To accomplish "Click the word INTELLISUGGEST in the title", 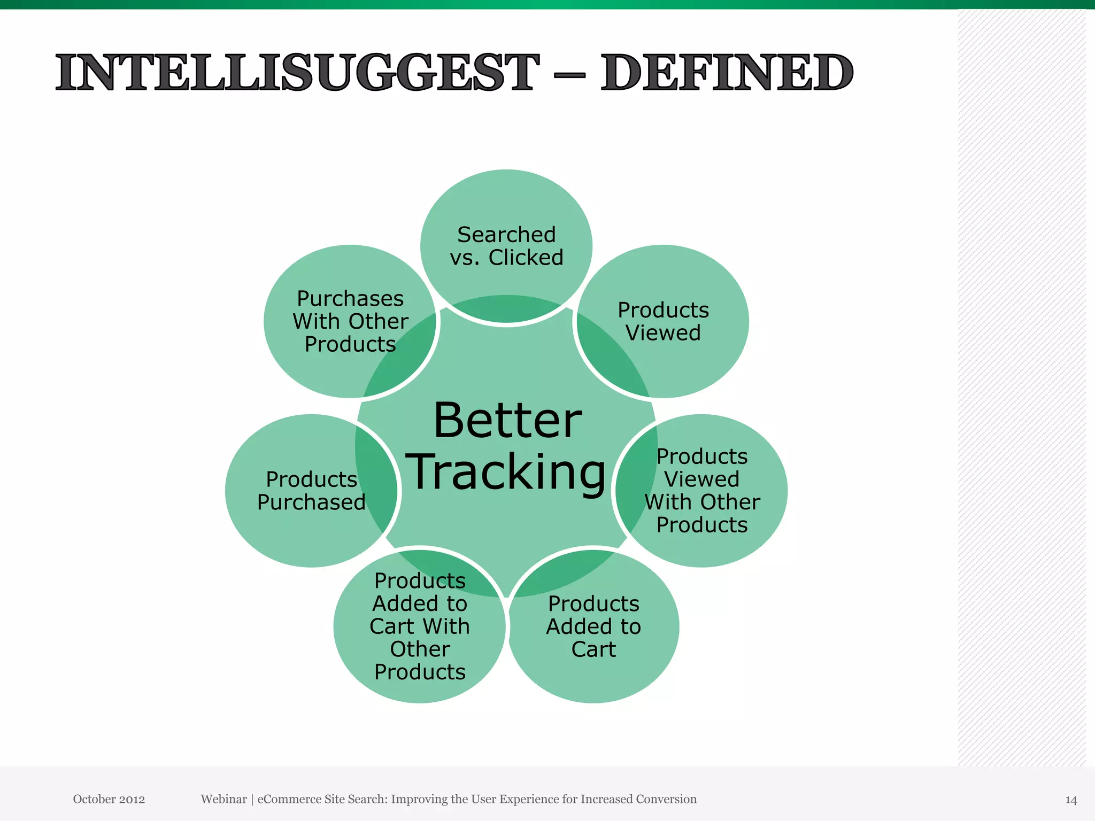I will (x=297, y=73).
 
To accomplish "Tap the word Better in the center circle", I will (x=507, y=421).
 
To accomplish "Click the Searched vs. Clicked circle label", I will (x=506, y=246).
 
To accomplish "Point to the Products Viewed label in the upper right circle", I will (x=663, y=322).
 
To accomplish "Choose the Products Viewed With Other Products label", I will (x=701, y=491).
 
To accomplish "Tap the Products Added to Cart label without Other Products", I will (x=593, y=626).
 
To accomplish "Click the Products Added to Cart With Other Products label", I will (x=420, y=626).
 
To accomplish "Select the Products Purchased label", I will (x=311, y=491).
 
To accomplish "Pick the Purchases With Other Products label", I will (x=350, y=321).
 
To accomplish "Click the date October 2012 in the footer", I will (x=109, y=799).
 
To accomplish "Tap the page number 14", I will (x=1070, y=800).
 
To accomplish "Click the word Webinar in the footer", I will (x=223, y=799).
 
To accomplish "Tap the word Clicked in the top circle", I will (x=526, y=258).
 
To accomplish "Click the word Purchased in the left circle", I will (x=311, y=502).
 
